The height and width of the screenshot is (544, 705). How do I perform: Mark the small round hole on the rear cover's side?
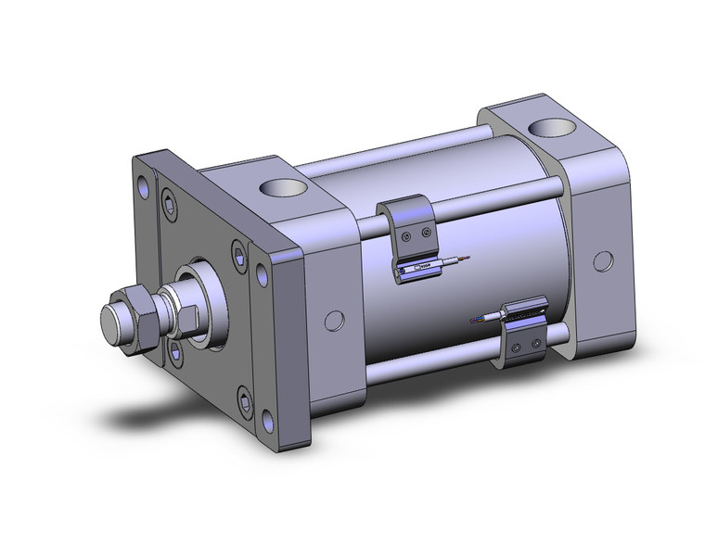601,260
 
